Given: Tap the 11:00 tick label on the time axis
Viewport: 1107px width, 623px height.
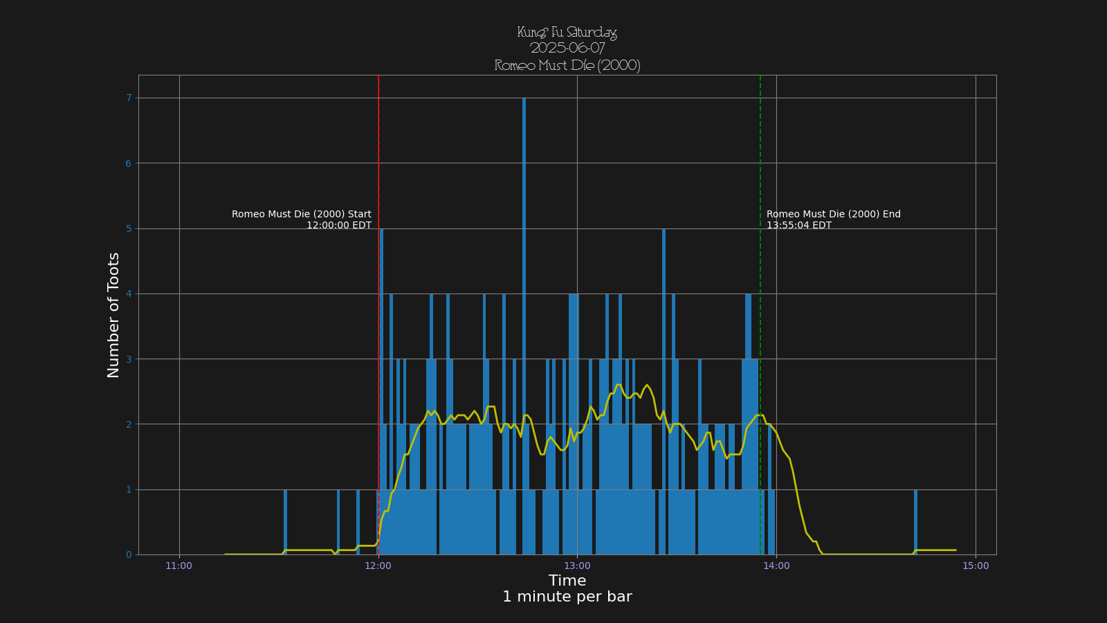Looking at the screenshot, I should [x=179, y=566].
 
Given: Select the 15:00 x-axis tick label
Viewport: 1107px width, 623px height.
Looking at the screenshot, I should [x=976, y=566].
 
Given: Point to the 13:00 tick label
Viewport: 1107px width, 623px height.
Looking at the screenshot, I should [x=577, y=566].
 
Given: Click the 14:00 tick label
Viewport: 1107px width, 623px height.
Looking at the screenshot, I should [x=776, y=566].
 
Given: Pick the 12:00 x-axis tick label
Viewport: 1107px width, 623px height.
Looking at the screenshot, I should [x=378, y=566].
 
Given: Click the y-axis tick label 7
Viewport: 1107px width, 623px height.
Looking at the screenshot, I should [x=129, y=98].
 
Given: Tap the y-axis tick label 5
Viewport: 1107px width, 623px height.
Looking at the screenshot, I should [x=129, y=228].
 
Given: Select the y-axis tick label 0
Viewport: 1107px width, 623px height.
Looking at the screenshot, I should [x=129, y=554].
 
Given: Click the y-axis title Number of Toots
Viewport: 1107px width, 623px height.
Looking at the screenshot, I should [x=113, y=315].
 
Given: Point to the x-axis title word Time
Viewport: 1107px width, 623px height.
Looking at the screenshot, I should [x=567, y=581].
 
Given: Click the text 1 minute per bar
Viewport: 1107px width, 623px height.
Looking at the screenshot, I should [x=567, y=597].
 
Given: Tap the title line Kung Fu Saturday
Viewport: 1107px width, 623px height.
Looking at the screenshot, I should [x=567, y=33].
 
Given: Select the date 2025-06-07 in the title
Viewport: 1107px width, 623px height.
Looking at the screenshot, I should [x=567, y=48].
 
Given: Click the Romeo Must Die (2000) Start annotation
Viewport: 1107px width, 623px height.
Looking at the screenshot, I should [x=302, y=215].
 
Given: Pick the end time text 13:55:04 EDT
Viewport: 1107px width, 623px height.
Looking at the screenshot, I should [x=799, y=226].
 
